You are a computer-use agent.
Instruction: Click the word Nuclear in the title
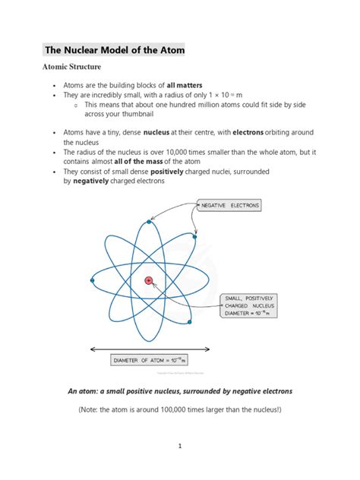(89, 51)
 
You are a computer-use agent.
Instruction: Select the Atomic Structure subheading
(76, 68)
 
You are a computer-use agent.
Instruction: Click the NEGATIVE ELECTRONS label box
(228, 205)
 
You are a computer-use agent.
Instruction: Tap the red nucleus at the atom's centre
(149, 280)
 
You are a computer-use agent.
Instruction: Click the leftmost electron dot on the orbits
(92, 281)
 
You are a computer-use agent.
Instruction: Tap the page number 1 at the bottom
(180, 447)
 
